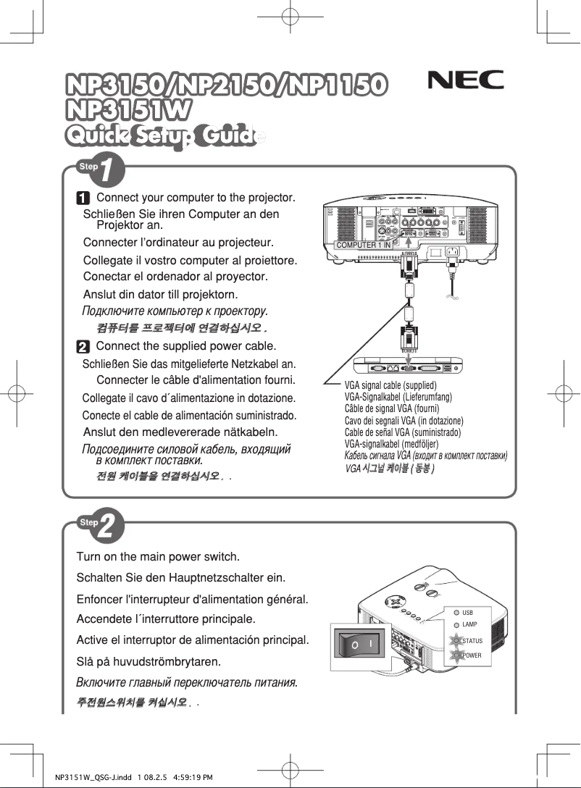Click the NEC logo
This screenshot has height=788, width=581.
(x=466, y=80)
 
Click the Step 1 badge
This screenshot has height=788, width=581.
(x=101, y=169)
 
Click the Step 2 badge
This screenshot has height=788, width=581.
(x=101, y=524)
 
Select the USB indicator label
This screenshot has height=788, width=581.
(x=467, y=613)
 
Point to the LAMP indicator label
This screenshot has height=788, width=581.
(x=469, y=624)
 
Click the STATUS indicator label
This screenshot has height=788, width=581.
(x=472, y=641)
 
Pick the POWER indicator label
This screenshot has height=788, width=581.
(x=472, y=655)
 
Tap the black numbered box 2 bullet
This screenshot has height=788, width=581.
(x=84, y=346)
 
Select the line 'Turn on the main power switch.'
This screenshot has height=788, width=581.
(x=158, y=557)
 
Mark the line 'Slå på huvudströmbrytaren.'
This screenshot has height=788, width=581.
(x=149, y=662)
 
